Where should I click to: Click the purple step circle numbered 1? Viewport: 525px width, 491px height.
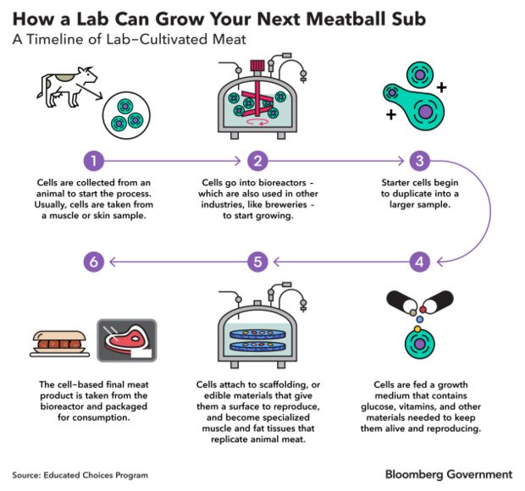click(95, 161)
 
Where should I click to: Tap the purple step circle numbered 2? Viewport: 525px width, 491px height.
click(258, 161)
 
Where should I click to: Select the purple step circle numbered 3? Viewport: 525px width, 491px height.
click(418, 161)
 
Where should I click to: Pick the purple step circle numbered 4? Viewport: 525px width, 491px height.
click(418, 262)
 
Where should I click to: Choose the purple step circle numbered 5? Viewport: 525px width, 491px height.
click(258, 262)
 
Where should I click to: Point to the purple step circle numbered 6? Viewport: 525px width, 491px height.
click(95, 262)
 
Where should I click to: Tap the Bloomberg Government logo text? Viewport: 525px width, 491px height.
click(449, 474)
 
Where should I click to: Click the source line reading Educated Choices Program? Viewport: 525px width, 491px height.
click(80, 475)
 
